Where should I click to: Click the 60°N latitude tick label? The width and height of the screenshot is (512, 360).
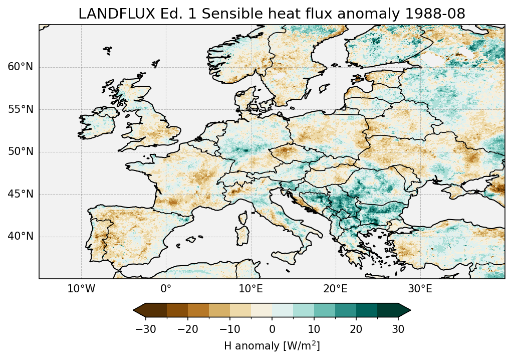[20, 67]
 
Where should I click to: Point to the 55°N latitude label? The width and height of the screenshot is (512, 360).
[20, 109]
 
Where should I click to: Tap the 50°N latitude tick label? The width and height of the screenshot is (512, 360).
[20, 151]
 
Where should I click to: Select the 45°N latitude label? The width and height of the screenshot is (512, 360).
[20, 194]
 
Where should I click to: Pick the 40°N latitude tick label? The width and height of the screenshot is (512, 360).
[20, 236]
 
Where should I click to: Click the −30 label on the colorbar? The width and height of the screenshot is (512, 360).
[145, 329]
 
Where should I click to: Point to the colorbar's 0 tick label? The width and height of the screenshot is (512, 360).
[272, 329]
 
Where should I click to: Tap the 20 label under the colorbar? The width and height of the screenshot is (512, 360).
[356, 329]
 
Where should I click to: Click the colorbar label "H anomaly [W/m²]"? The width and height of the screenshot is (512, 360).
[272, 346]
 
